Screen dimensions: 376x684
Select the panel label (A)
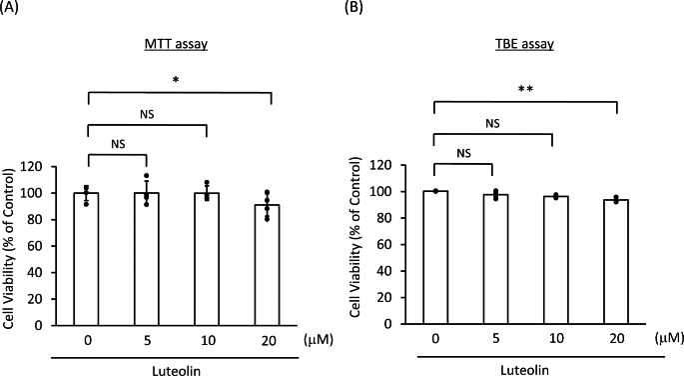(x=13, y=11)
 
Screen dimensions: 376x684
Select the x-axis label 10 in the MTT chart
(x=206, y=340)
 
